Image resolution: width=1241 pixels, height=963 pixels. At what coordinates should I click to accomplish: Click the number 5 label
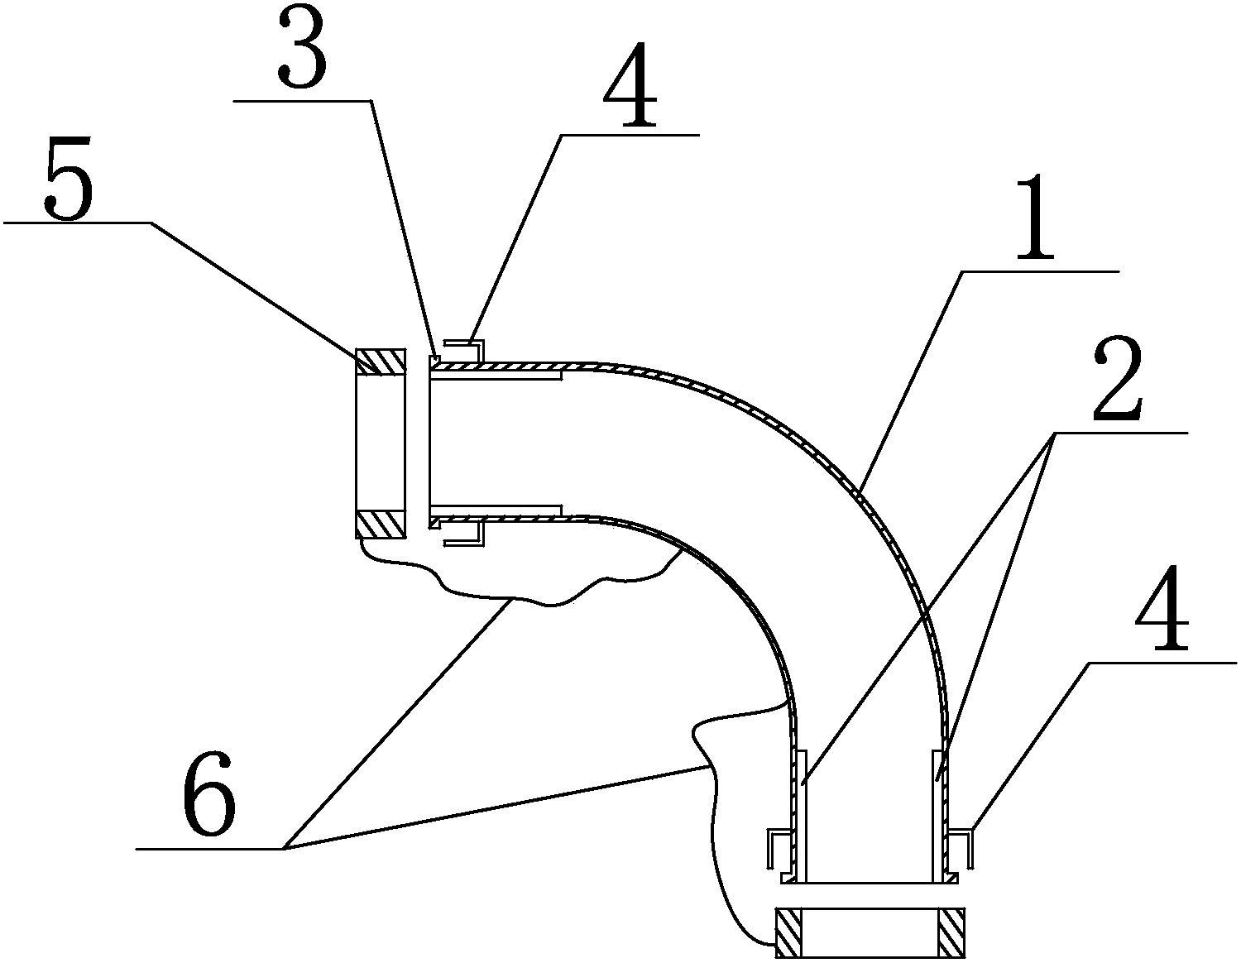tap(69, 178)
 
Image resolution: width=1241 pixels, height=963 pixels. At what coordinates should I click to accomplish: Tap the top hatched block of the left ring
tap(381, 362)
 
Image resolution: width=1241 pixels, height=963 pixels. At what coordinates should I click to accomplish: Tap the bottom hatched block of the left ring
tap(381, 524)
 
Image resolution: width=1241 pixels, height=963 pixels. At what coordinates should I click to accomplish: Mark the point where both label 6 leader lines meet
tap(285, 849)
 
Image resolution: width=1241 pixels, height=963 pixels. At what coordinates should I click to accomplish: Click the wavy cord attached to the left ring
tap(514, 596)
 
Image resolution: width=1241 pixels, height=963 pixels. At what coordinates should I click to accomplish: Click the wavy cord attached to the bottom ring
tap(714, 799)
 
